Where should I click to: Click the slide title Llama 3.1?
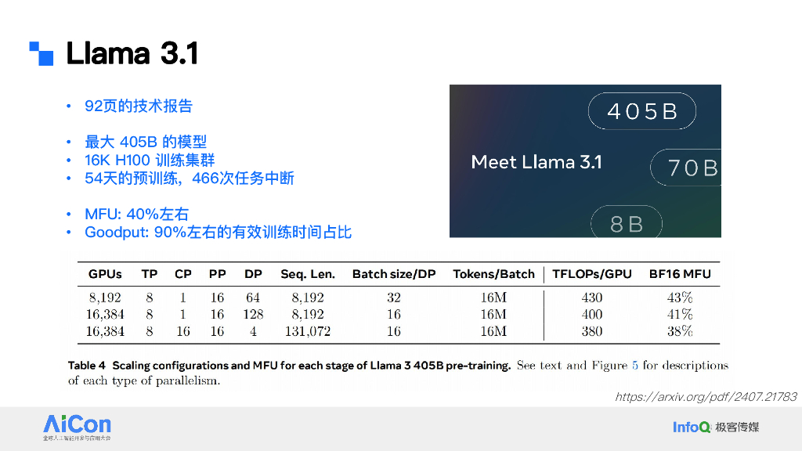(x=132, y=54)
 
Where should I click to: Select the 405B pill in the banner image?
(x=642, y=112)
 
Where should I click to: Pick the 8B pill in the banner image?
(x=627, y=224)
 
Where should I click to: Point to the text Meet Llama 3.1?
(x=536, y=162)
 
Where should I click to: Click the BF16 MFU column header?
(x=680, y=274)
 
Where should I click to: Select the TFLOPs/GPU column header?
(x=592, y=274)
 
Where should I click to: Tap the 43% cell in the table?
(x=681, y=298)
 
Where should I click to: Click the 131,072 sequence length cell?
(x=307, y=331)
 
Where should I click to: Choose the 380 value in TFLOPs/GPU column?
(x=592, y=331)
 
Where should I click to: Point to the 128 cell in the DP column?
(x=253, y=314)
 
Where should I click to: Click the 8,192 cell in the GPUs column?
(x=105, y=298)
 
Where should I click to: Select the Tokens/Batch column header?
(x=493, y=274)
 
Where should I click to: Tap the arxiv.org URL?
(x=706, y=397)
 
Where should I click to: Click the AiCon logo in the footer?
(x=77, y=426)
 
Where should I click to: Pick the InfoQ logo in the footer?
(x=692, y=427)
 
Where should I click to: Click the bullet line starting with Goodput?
(x=218, y=233)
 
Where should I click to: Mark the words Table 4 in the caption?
(x=86, y=366)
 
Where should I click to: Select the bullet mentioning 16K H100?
(x=150, y=160)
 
